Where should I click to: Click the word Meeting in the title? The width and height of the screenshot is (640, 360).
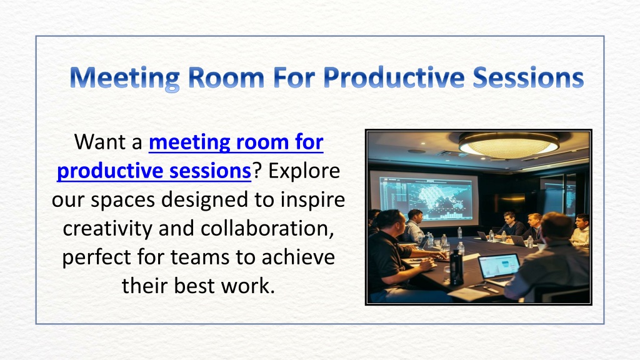pyautogui.click(x=125, y=77)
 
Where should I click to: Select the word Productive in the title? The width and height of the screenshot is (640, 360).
pyautogui.click(x=394, y=77)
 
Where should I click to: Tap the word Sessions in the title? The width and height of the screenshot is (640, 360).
pyautogui.click(x=528, y=77)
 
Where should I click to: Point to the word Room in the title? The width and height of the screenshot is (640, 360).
pyautogui.click(x=226, y=77)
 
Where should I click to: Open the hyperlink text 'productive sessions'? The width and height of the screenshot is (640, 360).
pyautogui.click(x=154, y=171)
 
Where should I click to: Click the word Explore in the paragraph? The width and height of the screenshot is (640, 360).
pyautogui.click(x=304, y=171)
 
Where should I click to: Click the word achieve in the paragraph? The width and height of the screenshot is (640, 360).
pyautogui.click(x=298, y=257)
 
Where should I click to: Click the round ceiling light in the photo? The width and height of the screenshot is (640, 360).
pyautogui.click(x=509, y=145)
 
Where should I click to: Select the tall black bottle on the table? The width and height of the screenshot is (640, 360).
pyautogui.click(x=457, y=267)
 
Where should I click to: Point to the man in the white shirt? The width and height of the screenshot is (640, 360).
pyautogui.click(x=581, y=231)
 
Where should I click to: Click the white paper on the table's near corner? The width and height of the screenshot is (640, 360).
pyautogui.click(x=469, y=294)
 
